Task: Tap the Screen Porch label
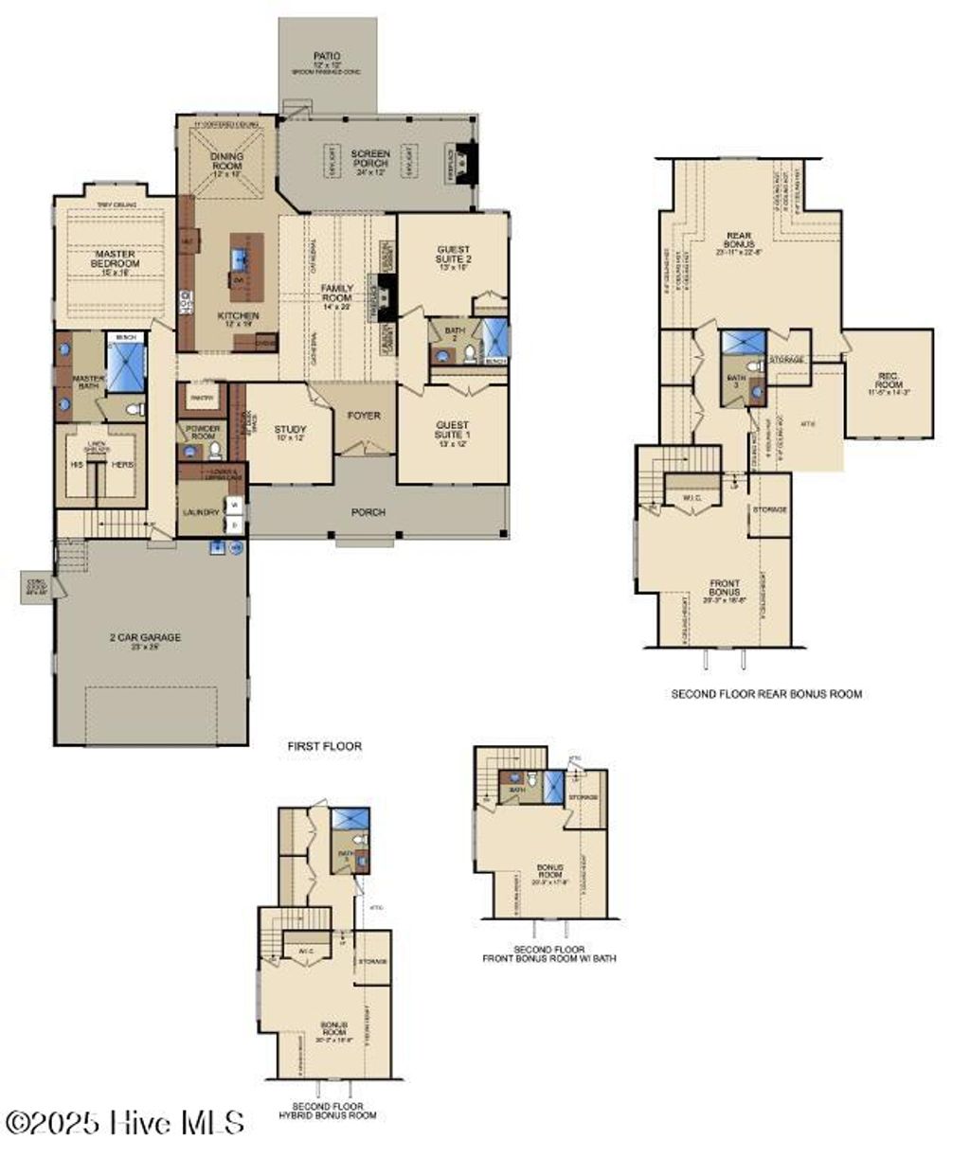(370, 158)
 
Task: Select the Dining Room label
(227, 161)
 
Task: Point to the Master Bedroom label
(115, 259)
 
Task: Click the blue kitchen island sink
(238, 258)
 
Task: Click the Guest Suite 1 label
(452, 431)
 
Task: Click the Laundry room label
(201, 512)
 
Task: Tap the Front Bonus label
(725, 587)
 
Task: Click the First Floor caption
(325, 747)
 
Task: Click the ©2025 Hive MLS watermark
(125, 1123)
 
